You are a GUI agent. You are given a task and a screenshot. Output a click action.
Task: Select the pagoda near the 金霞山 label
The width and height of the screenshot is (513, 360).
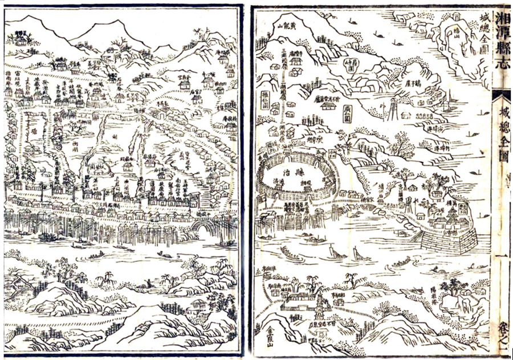click(x=319, y=310)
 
